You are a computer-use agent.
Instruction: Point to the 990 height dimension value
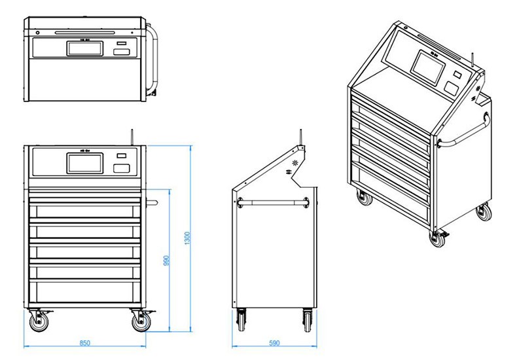(167, 261)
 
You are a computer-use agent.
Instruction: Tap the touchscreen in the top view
(84, 48)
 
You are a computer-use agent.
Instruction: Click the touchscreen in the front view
(84, 163)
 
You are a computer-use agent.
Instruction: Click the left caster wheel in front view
(37, 322)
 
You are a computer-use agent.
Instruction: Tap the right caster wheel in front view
(139, 322)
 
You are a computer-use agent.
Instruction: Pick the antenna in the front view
(132, 136)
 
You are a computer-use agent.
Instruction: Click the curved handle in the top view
(154, 59)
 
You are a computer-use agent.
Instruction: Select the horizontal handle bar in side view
(274, 200)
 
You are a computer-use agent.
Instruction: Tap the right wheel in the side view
(307, 321)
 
